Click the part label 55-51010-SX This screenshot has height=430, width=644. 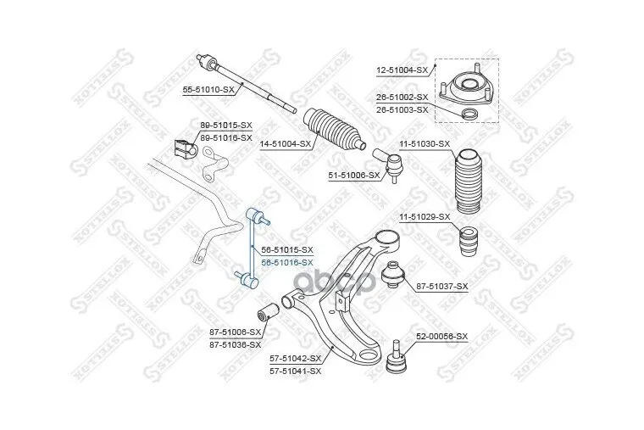click(x=208, y=89)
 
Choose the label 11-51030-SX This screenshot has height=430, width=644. click(x=424, y=144)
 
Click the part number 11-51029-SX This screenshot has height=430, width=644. click(x=424, y=217)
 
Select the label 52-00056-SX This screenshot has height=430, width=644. click(x=441, y=337)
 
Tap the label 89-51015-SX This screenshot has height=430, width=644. click(x=226, y=126)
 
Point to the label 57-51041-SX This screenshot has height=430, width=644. click(x=296, y=371)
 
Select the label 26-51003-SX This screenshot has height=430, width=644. click(x=401, y=110)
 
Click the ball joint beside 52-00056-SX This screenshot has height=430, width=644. click(x=395, y=360)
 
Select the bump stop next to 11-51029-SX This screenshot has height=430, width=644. click(x=465, y=242)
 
